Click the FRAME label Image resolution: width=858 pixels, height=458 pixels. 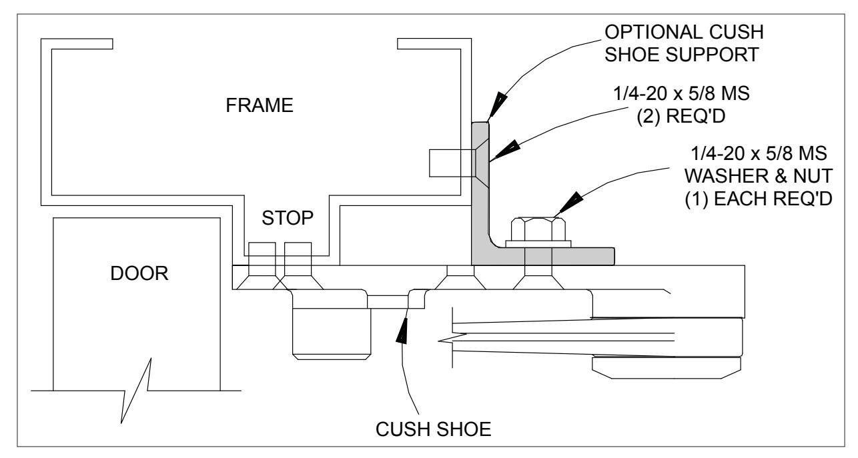tap(260, 105)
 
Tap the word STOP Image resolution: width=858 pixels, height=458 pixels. tap(288, 218)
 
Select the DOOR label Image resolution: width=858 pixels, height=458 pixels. tap(139, 273)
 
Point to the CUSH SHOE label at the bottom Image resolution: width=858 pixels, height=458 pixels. tap(433, 429)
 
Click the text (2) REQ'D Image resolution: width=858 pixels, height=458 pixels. tap(681, 116)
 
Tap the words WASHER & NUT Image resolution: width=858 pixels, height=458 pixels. tap(759, 176)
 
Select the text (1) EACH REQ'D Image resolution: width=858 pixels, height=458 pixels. tap(759, 199)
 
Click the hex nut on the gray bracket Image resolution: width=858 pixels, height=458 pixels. tap(538, 229)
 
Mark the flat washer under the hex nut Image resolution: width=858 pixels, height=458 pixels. tap(538, 244)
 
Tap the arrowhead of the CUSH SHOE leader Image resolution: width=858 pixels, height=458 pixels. tap(402, 330)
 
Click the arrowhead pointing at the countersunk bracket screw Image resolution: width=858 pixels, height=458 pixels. tap(506, 150)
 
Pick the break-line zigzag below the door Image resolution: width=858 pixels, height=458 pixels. tap(136, 390)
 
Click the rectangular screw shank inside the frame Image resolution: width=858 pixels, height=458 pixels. tap(452, 163)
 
